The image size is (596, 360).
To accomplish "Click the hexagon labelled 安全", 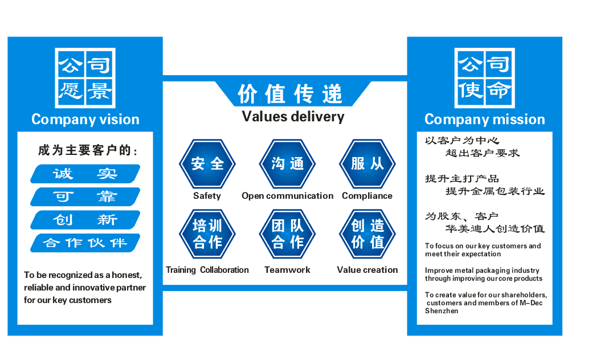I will [x=207, y=164].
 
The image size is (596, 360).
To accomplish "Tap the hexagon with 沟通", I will [x=288, y=164].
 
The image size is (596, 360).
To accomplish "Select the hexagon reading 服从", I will [x=368, y=164].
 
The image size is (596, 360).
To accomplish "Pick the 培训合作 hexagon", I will [x=207, y=234].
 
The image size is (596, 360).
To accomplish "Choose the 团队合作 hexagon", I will [x=288, y=234].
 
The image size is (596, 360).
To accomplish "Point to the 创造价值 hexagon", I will [x=368, y=234].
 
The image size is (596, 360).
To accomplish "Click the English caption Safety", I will [x=207, y=196].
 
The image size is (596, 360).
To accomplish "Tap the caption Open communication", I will [x=287, y=196].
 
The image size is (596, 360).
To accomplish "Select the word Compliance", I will [x=367, y=196].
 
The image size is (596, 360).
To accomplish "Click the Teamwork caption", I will [x=287, y=270].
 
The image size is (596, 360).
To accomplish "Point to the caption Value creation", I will [x=368, y=270].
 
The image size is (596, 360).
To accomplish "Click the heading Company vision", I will [x=85, y=120].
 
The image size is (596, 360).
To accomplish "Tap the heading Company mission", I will [x=485, y=120].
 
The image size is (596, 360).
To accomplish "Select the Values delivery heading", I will [x=293, y=117].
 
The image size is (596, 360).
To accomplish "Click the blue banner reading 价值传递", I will [x=290, y=93].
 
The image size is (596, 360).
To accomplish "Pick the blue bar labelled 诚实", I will [x=85, y=174].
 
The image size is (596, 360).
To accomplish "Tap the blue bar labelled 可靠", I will [x=85, y=197].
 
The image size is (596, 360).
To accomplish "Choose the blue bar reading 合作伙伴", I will [x=85, y=243].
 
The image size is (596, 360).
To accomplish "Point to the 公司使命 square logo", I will [x=484, y=78].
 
